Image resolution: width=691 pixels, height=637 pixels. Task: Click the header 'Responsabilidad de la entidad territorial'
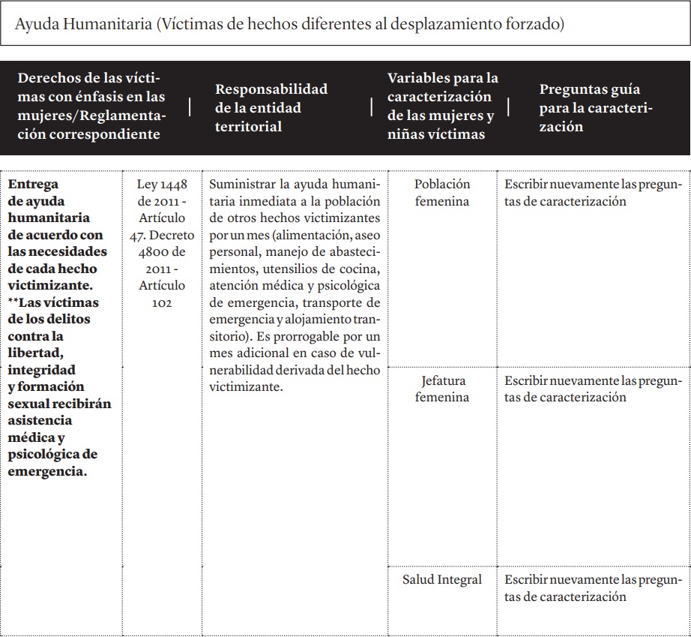coord(271,107)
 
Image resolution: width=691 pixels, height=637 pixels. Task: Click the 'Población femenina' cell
coord(442,192)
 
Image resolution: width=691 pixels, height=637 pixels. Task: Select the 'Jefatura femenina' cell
coord(442,388)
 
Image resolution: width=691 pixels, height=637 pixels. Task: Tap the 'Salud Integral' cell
coord(442,579)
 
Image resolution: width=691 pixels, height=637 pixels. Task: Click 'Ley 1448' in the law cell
coord(163,184)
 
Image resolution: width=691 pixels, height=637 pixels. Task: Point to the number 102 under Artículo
coord(161,302)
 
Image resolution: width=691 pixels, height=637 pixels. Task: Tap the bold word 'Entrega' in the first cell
coord(32,184)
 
